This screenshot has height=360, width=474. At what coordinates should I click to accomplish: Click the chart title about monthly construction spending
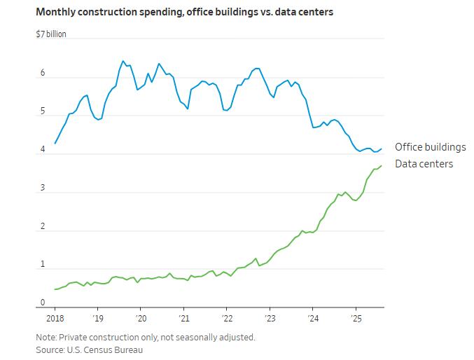[185, 12]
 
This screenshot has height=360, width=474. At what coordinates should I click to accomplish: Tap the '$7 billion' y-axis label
[51, 34]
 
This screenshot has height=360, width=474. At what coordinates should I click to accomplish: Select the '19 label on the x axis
[97, 319]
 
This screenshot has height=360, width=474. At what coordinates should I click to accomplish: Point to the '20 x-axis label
[140, 319]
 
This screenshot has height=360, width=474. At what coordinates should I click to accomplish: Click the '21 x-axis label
[183, 319]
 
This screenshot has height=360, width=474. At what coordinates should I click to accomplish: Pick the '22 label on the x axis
[226, 319]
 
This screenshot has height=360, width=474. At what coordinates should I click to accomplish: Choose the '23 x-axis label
[270, 319]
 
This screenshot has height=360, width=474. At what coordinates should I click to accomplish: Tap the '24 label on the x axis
[312, 319]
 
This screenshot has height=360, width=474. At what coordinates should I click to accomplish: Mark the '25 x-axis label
[356, 319]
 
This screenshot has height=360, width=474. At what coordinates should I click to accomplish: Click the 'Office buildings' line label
[430, 147]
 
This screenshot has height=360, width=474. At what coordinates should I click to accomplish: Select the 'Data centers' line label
[424, 164]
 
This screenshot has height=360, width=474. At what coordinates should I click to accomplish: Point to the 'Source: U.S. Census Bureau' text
[89, 349]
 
